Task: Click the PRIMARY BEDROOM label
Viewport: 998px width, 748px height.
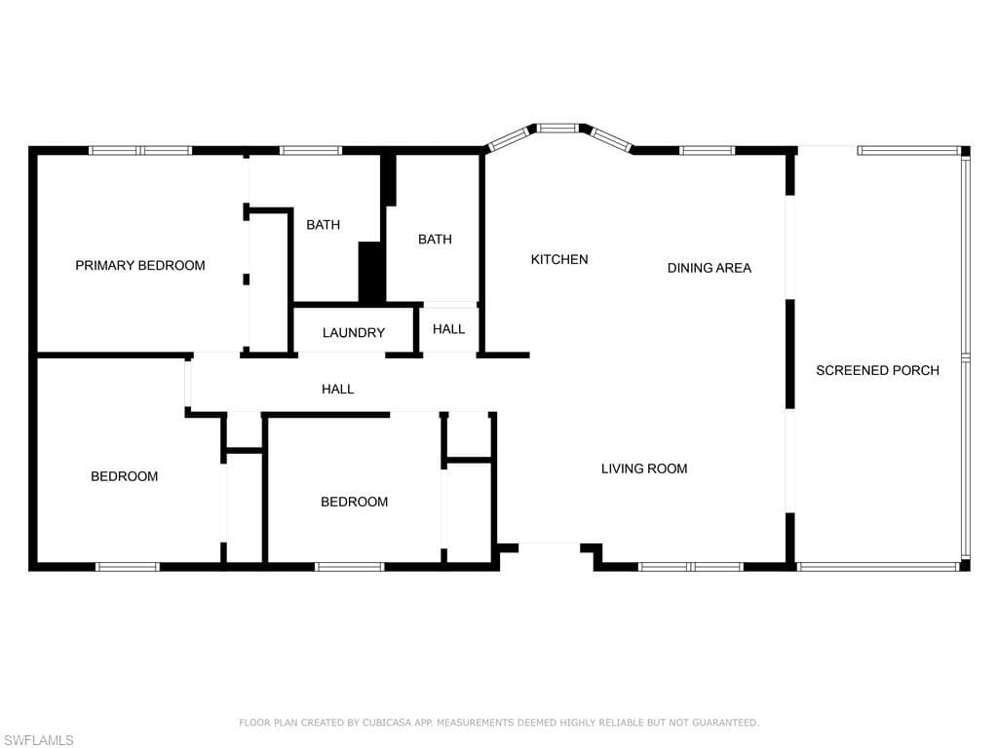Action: (x=140, y=265)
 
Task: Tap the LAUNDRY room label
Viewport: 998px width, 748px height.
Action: (x=354, y=332)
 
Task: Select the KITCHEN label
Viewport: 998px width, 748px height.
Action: (x=559, y=259)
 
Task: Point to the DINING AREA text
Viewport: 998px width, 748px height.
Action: (x=710, y=267)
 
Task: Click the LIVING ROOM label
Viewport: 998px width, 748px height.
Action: (x=644, y=468)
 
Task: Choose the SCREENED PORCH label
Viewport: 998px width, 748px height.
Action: (x=877, y=370)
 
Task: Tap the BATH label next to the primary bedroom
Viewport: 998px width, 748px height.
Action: (x=324, y=225)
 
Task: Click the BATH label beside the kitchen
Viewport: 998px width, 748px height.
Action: (x=435, y=239)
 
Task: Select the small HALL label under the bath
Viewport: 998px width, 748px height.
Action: (x=449, y=329)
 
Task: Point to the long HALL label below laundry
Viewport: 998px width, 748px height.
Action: (x=338, y=389)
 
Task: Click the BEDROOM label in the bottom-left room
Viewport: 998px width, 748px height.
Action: (x=125, y=476)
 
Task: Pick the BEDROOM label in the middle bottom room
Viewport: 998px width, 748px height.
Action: (x=355, y=502)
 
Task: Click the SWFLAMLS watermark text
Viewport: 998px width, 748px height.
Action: (x=39, y=740)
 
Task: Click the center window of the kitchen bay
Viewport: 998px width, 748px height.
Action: (x=557, y=128)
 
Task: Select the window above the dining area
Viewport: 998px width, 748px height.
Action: (x=707, y=151)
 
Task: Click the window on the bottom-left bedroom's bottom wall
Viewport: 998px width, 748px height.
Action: (x=128, y=566)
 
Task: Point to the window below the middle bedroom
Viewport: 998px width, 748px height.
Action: (x=350, y=566)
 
